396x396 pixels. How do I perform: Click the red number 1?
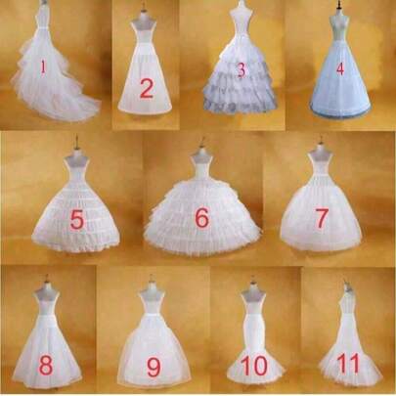point(43,67)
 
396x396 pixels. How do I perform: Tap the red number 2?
point(147,89)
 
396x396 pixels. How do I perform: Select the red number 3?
point(242,70)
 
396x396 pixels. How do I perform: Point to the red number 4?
point(340,68)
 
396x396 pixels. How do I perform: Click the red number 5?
point(77,219)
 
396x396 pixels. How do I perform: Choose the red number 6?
point(201,217)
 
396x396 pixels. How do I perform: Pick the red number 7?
point(322,218)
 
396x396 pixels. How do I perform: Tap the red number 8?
point(46,365)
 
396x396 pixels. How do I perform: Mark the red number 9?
point(154,367)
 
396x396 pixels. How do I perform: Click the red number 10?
point(254,365)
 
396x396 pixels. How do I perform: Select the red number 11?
point(348,363)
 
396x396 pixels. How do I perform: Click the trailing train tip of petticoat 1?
point(97,110)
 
